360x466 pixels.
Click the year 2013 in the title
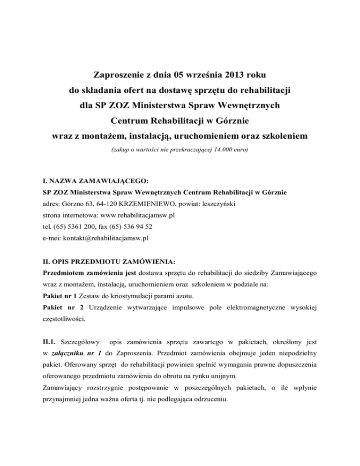(232, 74)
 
